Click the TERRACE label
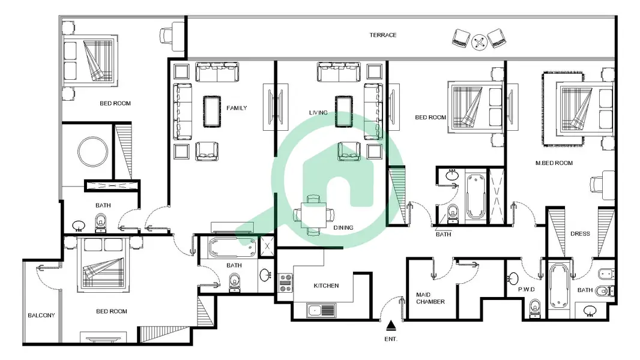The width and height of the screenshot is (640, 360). (x=383, y=35)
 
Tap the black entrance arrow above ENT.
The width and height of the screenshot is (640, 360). (x=391, y=325)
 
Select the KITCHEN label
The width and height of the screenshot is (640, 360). (x=326, y=286)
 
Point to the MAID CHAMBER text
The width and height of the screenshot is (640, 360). (x=430, y=298)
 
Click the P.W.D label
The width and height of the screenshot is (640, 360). (x=526, y=289)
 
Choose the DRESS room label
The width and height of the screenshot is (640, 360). (x=580, y=233)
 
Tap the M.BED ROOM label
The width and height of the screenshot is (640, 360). (x=554, y=163)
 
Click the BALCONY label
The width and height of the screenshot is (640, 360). (x=41, y=316)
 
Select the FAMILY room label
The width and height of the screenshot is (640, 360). (x=237, y=108)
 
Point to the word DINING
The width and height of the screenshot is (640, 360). (x=343, y=228)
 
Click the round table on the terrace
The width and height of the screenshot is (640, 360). (x=479, y=42)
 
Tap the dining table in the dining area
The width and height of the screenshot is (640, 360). (x=313, y=215)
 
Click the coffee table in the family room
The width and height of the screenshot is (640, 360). (x=212, y=112)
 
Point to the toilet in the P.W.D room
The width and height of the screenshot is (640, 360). (x=535, y=308)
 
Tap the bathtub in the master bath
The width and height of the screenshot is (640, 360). (x=559, y=287)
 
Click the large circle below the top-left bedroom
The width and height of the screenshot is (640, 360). (x=93, y=152)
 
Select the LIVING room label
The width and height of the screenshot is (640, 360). (x=318, y=113)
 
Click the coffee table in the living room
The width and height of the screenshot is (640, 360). (x=344, y=112)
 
